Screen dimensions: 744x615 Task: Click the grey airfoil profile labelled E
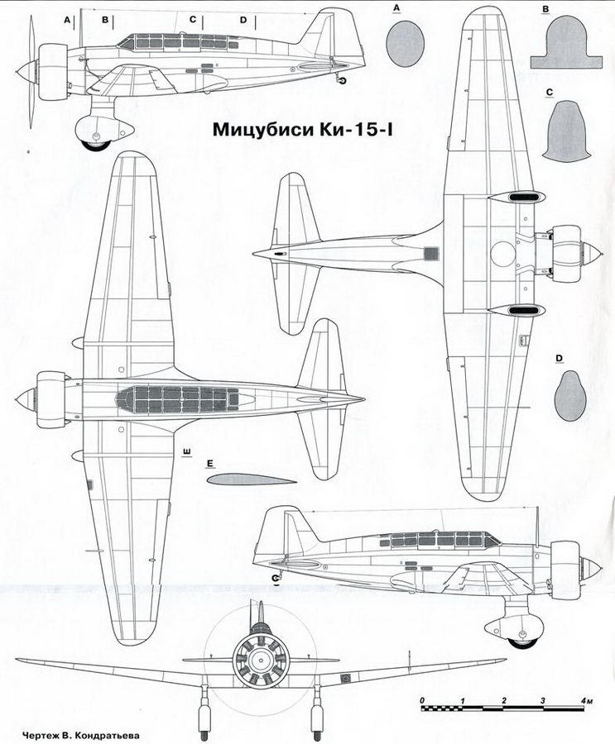click(x=247, y=480)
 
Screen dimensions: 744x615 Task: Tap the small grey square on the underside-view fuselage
click(x=430, y=254)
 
